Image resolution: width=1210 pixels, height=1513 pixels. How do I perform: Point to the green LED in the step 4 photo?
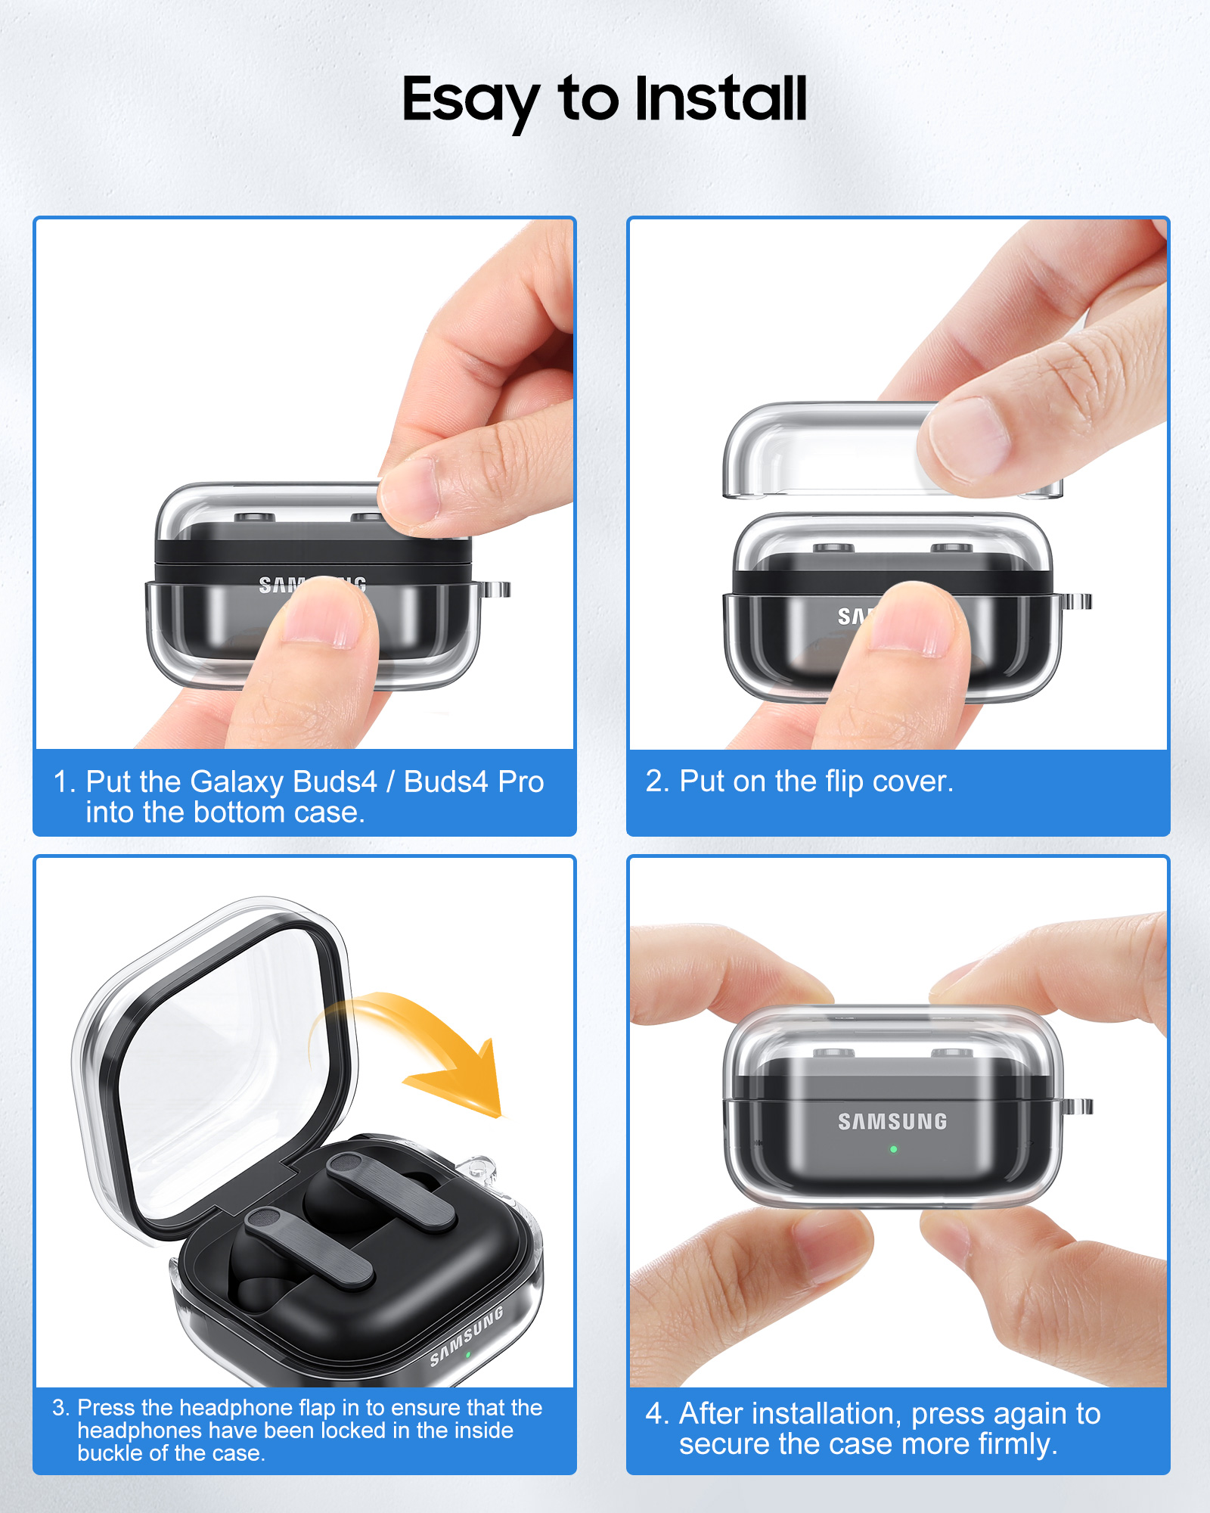click(x=893, y=1149)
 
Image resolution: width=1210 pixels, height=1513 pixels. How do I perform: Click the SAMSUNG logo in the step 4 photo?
click(x=892, y=1121)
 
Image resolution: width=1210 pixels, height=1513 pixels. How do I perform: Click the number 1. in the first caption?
click(x=65, y=781)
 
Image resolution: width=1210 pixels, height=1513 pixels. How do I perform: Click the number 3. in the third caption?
click(x=60, y=1408)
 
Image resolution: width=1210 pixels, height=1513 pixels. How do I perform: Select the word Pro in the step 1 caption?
click(x=521, y=782)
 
